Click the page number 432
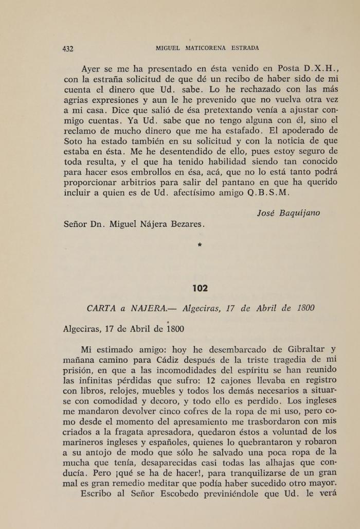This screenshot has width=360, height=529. [x=68, y=49]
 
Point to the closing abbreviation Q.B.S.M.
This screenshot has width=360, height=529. [x=272, y=193]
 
